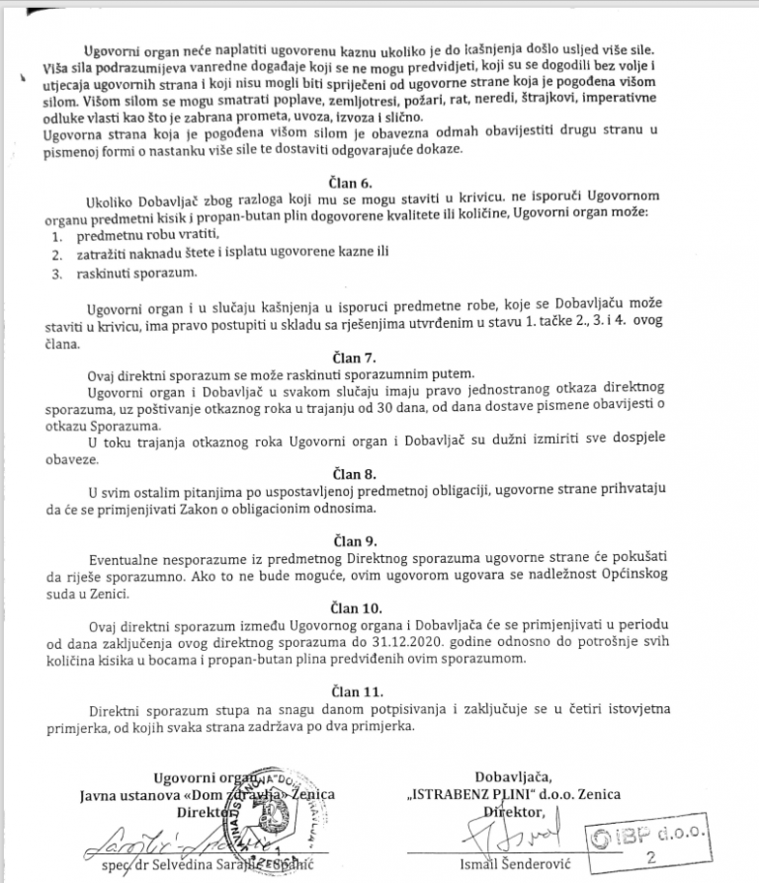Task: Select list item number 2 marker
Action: (x=55, y=256)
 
